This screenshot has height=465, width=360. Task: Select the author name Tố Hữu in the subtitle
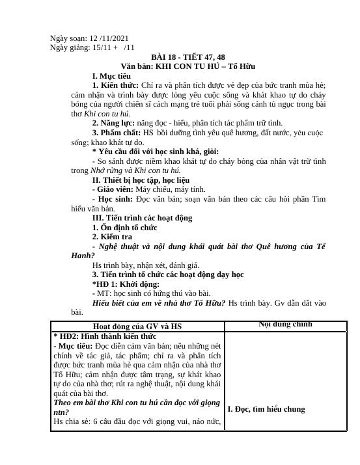[x=241, y=66]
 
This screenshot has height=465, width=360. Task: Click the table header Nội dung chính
[x=284, y=325]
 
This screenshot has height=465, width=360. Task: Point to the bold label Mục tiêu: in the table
[x=76, y=347]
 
